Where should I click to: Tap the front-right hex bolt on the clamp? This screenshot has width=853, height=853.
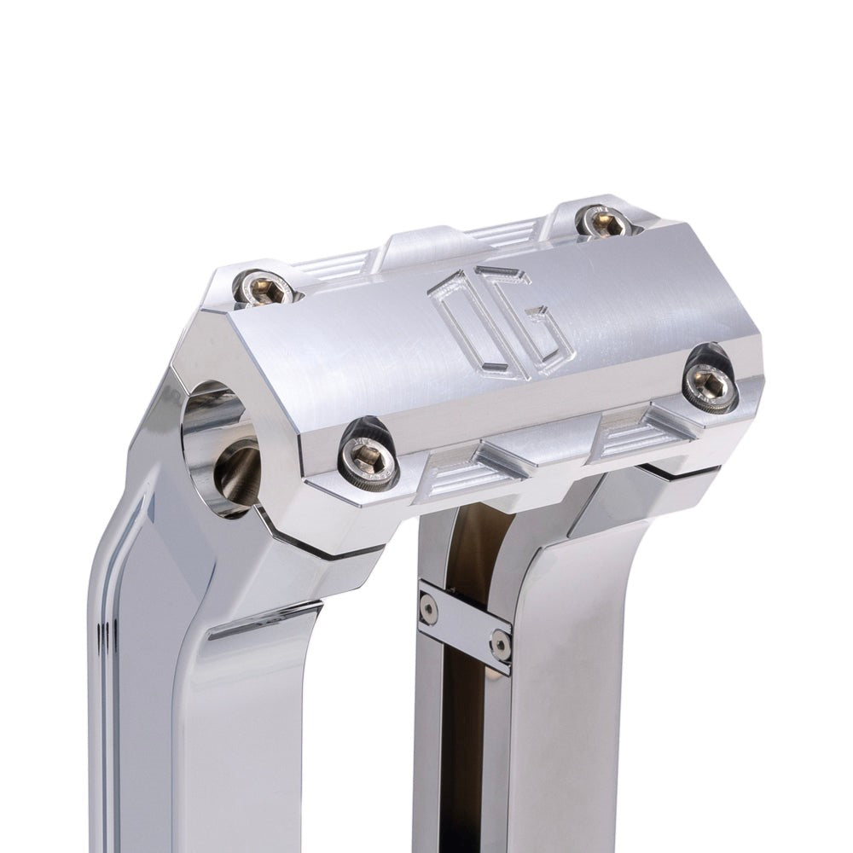click(711, 386)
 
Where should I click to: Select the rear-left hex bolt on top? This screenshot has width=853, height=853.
click(264, 287)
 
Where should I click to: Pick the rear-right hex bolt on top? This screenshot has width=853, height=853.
click(604, 222)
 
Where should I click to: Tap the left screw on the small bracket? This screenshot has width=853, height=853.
click(430, 607)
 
